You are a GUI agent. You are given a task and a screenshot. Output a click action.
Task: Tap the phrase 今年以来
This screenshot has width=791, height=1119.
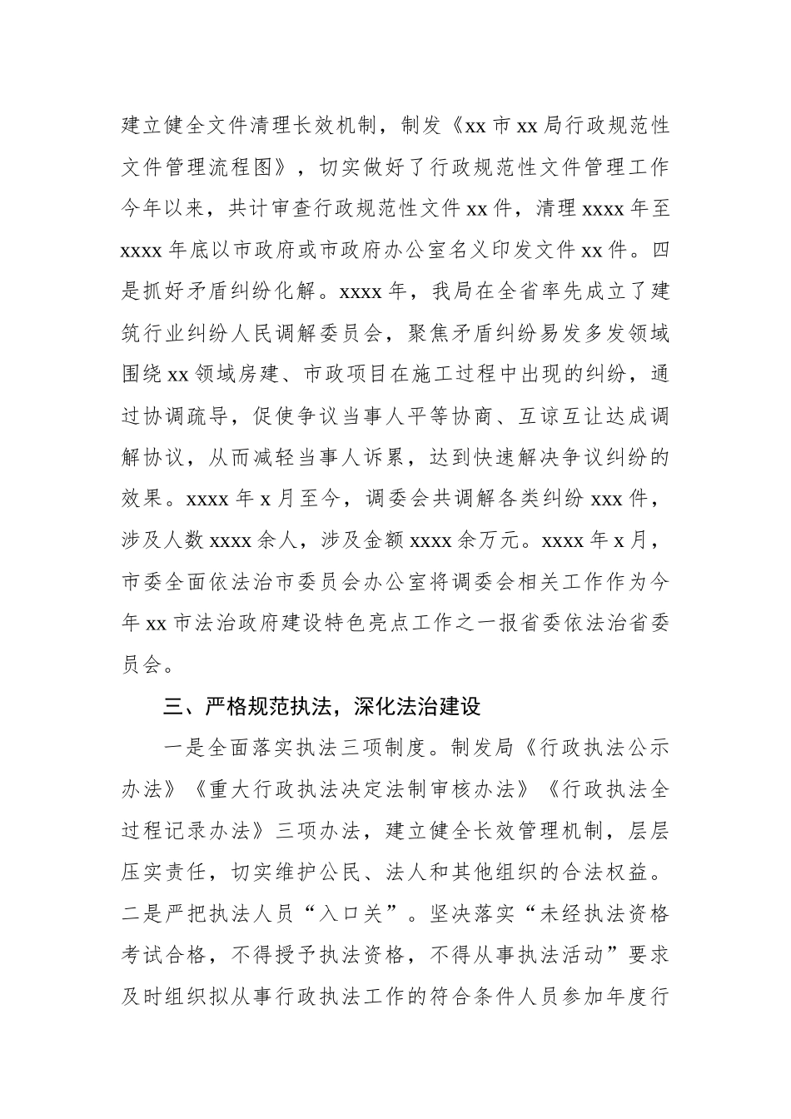point(163,209)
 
